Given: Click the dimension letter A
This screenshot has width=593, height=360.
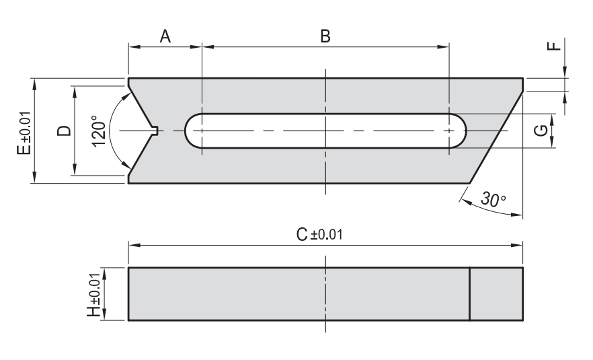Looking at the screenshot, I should (x=165, y=37).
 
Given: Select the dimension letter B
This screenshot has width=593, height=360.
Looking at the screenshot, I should (x=325, y=37).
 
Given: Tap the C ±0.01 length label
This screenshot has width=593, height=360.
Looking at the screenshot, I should (x=319, y=234).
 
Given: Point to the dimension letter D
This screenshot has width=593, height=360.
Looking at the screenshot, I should (x=64, y=130).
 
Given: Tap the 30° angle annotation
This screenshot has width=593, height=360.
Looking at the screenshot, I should (x=493, y=199).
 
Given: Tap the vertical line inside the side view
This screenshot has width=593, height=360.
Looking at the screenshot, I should (x=469, y=294).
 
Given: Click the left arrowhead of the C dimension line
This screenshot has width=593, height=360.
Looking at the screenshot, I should (x=133, y=244).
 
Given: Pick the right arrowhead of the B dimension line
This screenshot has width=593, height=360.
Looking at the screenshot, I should (x=444, y=47).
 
